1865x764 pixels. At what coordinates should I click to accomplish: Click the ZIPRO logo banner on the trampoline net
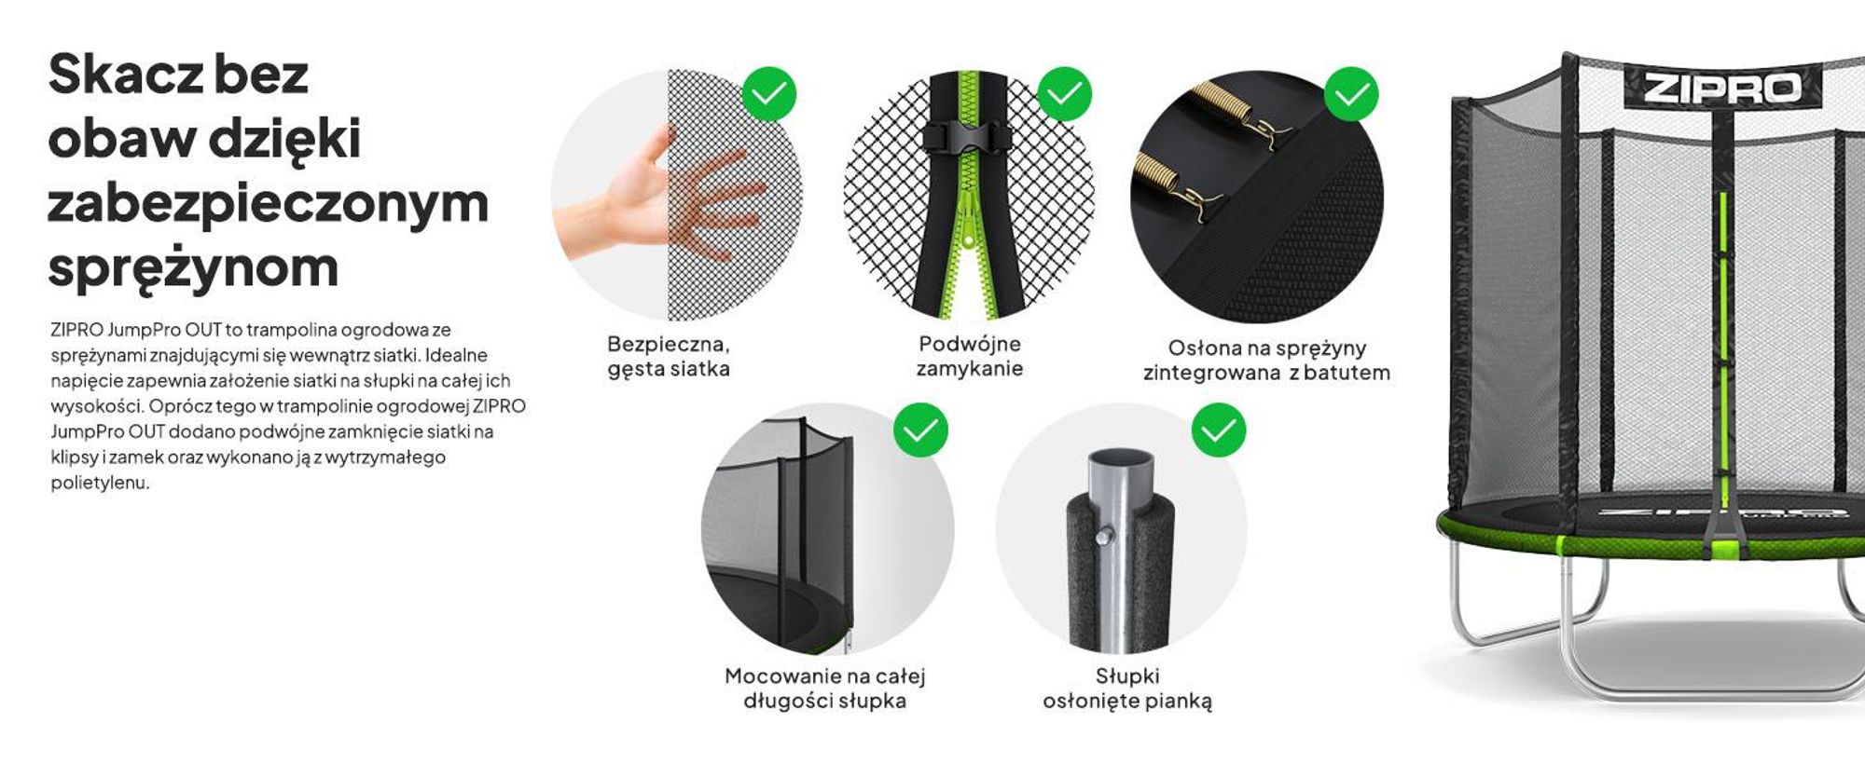1722,87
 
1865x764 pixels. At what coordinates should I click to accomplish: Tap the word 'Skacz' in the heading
126,75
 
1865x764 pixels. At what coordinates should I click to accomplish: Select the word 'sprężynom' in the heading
193,268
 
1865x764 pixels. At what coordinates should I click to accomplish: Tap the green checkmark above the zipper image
1064,93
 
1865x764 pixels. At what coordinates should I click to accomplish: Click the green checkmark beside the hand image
769,93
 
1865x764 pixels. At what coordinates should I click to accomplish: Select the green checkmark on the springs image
1351,93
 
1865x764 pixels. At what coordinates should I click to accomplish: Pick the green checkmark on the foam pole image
1219,430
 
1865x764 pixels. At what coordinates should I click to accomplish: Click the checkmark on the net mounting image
920,430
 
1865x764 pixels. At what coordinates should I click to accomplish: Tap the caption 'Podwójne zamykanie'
970,356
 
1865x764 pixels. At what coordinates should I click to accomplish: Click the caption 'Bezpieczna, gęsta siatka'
669,357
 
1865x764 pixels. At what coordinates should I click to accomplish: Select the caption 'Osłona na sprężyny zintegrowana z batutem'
1266,361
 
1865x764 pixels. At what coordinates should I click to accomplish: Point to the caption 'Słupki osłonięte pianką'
1127,689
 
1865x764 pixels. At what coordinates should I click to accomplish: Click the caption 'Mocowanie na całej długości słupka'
825,689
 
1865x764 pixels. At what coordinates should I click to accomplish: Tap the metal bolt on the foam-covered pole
1105,536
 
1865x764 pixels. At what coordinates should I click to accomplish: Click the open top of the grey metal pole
1121,461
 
